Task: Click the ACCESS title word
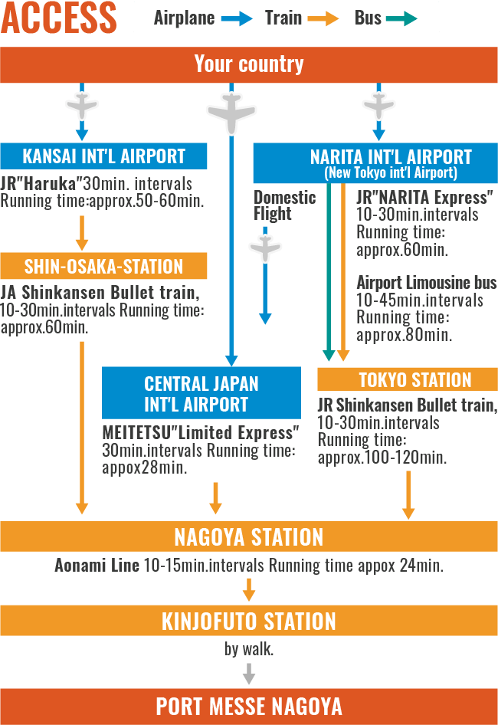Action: coord(59,18)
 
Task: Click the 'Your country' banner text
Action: coord(249,64)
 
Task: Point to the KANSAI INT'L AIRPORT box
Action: coord(104,156)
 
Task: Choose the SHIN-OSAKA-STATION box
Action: coord(104,267)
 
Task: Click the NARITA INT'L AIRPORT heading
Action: coord(391,157)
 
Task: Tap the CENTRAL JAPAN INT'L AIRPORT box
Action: coord(201,393)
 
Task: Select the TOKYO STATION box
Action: coord(407,379)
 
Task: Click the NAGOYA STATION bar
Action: coord(249,536)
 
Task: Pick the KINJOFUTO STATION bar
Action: coord(249,621)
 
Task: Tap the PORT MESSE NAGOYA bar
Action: coord(249,706)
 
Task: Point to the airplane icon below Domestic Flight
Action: coord(265,248)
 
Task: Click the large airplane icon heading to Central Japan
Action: coord(231,113)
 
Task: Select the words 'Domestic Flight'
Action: coord(284,205)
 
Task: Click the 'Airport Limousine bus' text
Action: coord(426,283)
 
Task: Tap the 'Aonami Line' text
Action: coord(97,566)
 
